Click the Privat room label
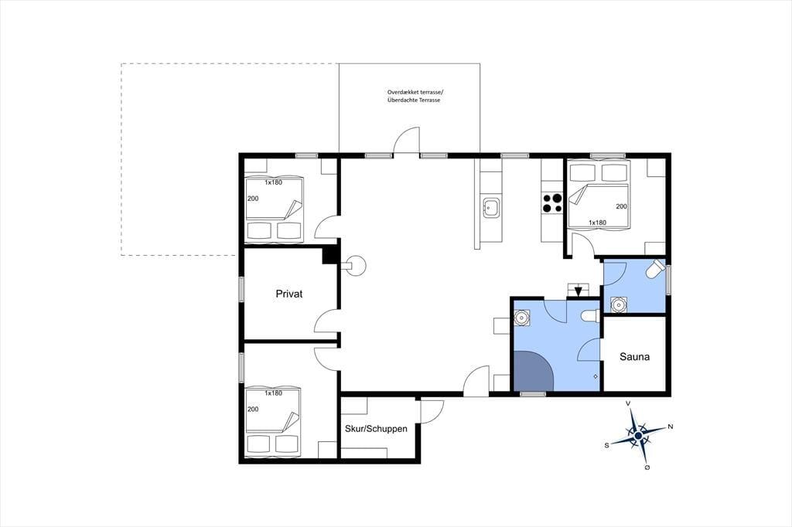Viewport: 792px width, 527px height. pos(289,294)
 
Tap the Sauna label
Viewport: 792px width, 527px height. pos(634,357)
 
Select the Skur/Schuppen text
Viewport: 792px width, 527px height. pos(376,429)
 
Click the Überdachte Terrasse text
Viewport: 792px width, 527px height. pos(414,100)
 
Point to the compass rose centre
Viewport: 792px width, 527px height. pos(638,435)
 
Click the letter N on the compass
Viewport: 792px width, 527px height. pos(671,427)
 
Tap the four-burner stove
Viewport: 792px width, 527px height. pos(552,203)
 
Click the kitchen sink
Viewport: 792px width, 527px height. pos(491,208)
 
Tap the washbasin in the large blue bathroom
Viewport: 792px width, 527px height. pos(521,318)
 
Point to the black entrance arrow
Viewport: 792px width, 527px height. pos(579,291)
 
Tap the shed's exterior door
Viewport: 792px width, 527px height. pos(432,411)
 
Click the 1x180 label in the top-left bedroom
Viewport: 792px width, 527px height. pos(273,182)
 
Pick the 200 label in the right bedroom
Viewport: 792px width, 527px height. pos(621,206)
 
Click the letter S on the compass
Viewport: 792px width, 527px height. pos(606,446)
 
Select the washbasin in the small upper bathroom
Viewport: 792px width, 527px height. pos(619,305)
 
